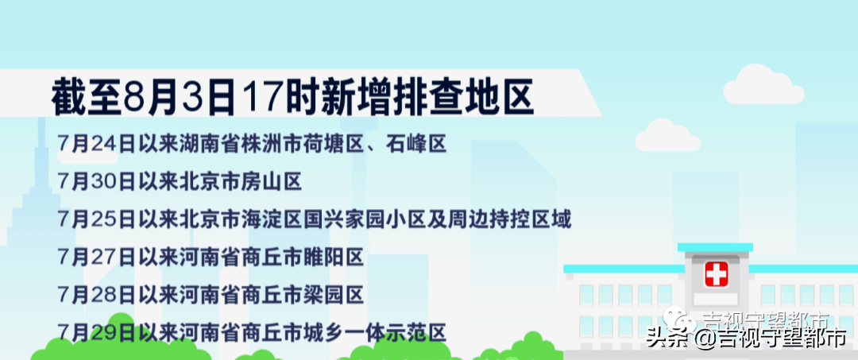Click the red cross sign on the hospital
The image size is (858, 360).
717,275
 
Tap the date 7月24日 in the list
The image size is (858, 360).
96,144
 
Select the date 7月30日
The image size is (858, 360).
96,182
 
